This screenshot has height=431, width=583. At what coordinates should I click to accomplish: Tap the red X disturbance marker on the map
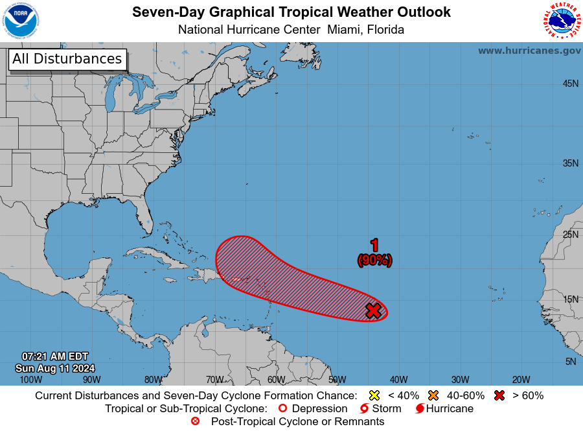tap(373, 310)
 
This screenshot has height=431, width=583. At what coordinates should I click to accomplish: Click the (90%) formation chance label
tap(374, 260)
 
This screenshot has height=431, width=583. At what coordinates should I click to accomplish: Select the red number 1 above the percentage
tap(374, 245)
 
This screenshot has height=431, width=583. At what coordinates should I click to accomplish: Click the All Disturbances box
tap(67, 59)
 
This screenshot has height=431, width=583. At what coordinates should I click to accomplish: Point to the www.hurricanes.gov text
tap(529, 51)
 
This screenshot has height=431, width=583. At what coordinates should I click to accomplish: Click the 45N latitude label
tap(570, 84)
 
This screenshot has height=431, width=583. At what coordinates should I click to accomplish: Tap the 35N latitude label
tap(570, 163)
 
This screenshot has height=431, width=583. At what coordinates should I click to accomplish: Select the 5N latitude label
tap(571, 361)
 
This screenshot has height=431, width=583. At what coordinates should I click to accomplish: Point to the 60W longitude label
tap(276, 380)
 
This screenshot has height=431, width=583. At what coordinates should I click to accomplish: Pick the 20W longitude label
tap(521, 380)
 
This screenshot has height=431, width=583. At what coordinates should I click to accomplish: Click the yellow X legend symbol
tap(373, 395)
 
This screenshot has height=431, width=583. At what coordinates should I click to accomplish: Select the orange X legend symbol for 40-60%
tap(433, 395)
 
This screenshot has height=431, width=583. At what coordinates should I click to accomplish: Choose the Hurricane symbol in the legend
tap(420, 408)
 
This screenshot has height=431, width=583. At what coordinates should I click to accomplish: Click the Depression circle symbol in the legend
tap(282, 408)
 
